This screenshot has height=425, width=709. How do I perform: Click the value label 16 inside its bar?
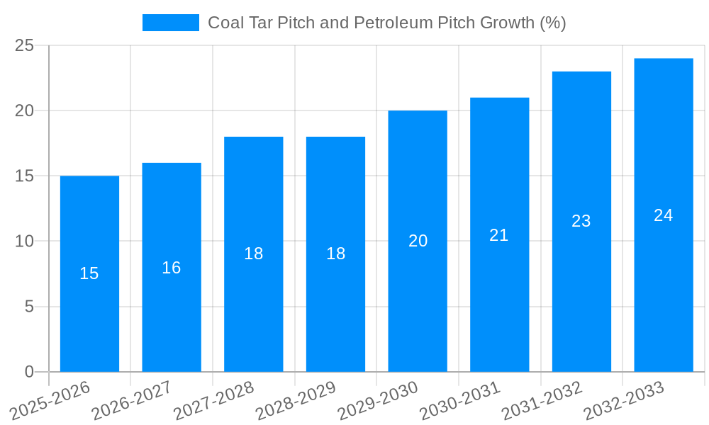[172, 268]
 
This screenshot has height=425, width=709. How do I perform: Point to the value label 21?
[499, 235]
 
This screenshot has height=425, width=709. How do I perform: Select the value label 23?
[581, 221]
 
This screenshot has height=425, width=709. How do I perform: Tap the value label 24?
[664, 215]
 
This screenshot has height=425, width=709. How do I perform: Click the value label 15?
[89, 273]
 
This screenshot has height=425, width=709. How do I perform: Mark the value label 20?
[418, 241]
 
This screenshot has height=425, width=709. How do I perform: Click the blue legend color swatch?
[171, 23]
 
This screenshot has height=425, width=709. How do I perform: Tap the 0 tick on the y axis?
[29, 372]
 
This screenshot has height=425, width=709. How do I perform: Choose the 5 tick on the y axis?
[29, 307]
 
